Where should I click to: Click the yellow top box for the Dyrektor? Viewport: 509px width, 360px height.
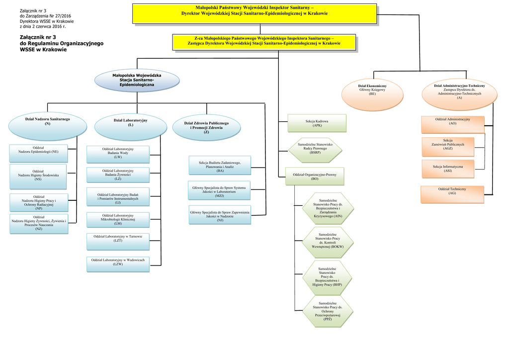[254, 13]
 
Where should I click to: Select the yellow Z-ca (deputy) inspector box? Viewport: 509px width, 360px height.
[264, 42]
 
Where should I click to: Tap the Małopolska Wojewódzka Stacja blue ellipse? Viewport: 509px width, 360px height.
[137, 81]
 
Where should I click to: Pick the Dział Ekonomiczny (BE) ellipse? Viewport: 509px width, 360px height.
[372, 93]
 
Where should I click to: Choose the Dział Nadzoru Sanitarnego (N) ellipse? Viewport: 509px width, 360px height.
[47, 125]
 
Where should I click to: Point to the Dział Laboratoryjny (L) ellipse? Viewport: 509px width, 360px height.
[130, 126]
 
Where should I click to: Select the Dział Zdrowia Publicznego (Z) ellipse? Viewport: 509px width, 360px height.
[206, 127]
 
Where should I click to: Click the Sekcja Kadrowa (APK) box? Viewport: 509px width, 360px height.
[317, 123]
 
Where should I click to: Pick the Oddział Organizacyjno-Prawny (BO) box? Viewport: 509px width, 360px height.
[315, 176]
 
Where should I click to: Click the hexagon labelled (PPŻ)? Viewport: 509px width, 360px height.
[328, 311]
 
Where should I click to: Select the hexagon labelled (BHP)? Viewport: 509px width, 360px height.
[327, 277]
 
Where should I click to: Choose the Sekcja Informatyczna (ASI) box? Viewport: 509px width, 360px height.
[447, 169]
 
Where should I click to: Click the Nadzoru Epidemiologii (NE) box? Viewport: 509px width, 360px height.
[38, 153]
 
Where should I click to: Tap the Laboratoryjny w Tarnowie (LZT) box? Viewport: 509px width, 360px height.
[118, 241]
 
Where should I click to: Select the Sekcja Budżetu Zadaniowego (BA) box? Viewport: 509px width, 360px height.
[220, 166]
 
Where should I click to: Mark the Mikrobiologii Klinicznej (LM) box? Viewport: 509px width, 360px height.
[118, 219]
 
